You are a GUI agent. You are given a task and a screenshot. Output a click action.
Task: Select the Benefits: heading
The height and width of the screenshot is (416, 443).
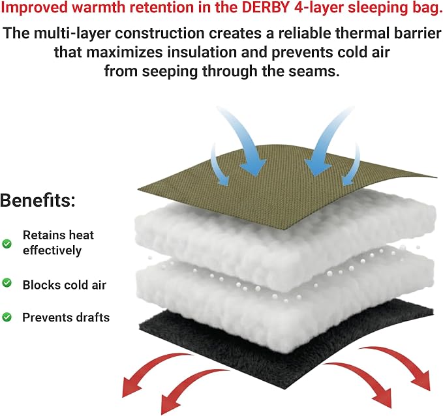(x=38, y=200)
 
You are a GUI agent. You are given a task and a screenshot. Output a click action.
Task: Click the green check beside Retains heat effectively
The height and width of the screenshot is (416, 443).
(x=7, y=243)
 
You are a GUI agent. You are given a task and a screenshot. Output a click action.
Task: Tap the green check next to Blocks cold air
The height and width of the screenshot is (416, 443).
(x=7, y=283)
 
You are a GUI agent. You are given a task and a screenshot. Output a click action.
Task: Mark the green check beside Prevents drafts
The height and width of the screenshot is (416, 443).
(x=7, y=317)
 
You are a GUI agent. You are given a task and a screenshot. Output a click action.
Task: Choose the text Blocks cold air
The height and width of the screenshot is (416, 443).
(x=65, y=285)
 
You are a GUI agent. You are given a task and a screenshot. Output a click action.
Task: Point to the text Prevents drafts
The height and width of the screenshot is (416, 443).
(x=66, y=318)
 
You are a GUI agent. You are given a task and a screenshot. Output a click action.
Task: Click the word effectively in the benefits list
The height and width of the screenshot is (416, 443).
(x=52, y=250)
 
